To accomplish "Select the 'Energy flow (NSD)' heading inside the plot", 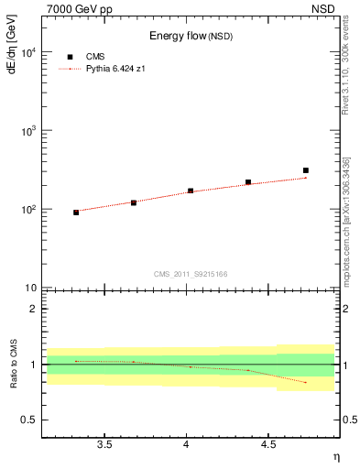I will point(191,37).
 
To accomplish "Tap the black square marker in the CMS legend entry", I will point(71,57).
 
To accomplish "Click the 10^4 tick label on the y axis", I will point(26,53).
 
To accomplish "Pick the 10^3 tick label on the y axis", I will point(26,131).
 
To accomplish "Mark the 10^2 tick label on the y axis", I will point(26,210).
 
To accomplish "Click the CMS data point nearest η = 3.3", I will point(76,213).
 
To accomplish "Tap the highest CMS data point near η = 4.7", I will point(306,170).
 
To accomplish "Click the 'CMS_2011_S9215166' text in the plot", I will point(191,274).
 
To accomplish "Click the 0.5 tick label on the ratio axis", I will point(27,420).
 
